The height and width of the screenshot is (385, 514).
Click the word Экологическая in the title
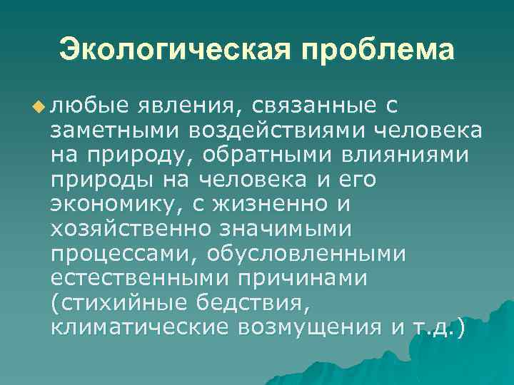[174, 50]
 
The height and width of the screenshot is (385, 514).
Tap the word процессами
[117, 254]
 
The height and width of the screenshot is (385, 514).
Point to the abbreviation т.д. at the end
[432, 327]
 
